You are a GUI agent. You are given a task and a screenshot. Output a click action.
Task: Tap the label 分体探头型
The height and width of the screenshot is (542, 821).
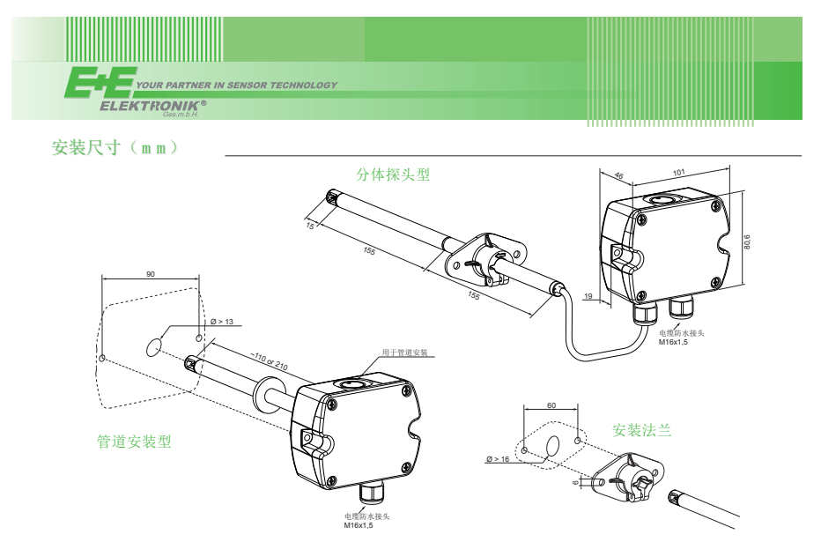pyautogui.click(x=393, y=174)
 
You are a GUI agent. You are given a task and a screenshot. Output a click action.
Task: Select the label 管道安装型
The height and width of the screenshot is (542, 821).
pyautogui.click(x=134, y=442)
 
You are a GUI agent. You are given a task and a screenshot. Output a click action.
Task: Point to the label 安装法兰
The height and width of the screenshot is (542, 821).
pyautogui.click(x=641, y=430)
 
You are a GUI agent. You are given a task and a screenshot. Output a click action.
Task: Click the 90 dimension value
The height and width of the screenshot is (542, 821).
pyautogui.click(x=151, y=275)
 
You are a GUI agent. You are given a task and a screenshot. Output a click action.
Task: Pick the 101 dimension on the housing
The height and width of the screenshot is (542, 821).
pyautogui.click(x=678, y=173)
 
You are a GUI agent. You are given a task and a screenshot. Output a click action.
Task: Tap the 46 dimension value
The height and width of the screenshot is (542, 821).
pyautogui.click(x=618, y=176)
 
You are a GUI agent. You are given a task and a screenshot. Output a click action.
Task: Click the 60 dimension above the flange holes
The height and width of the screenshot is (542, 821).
pyautogui.click(x=551, y=405)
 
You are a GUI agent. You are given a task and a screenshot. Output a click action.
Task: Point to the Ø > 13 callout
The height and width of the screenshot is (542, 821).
pyautogui.click(x=221, y=322)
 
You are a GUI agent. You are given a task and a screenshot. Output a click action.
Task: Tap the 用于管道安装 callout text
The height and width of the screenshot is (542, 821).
pyautogui.click(x=404, y=353)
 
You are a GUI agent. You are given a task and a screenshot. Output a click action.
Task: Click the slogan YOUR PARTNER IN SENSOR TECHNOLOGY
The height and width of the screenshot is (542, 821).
pyautogui.click(x=238, y=85)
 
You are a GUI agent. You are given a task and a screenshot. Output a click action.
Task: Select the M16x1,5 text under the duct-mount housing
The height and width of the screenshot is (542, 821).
pyautogui.click(x=359, y=525)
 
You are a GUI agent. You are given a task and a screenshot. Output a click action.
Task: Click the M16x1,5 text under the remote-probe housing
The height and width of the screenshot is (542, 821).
pyautogui.click(x=674, y=342)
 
